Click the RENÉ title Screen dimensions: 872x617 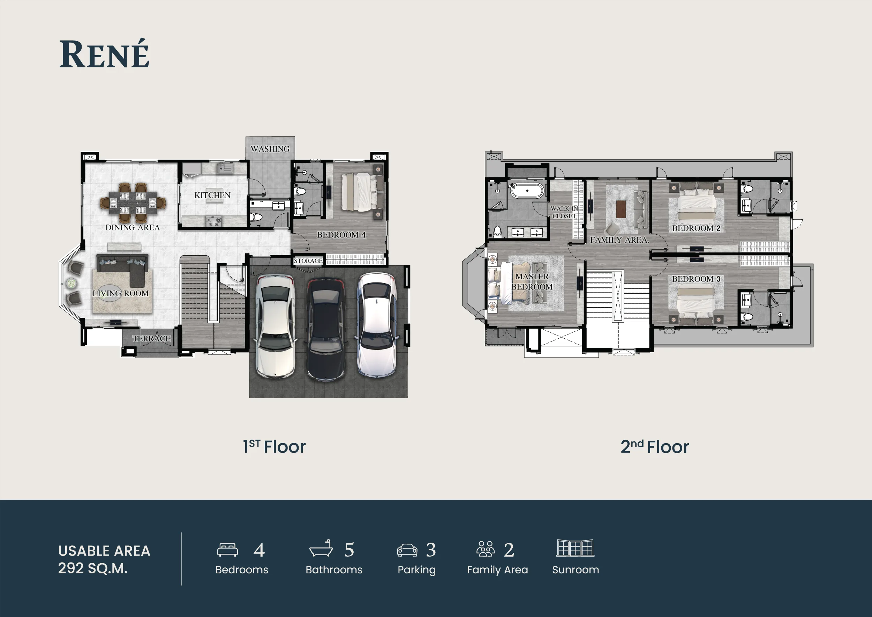tap(104, 54)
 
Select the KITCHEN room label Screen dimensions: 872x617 tap(212, 195)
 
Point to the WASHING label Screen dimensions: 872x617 tap(270, 149)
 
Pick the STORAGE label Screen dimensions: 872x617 tap(308, 261)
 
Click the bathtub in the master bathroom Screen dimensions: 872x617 tap(527, 190)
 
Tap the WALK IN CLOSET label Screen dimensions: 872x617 tap(564, 212)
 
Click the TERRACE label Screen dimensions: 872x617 tap(151, 338)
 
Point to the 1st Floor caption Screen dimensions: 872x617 tap(274, 447)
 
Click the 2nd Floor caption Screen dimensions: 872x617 tap(655, 447)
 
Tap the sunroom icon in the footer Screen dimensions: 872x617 tap(576, 548)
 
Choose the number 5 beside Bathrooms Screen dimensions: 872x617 tap(349, 550)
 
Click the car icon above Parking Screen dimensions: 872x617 tap(407, 550)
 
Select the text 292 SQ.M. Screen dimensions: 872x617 tap(93, 568)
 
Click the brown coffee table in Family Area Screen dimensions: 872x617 tap(621, 209)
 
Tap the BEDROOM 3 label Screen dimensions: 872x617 tap(696, 279)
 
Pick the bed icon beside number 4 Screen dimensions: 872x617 tap(227, 550)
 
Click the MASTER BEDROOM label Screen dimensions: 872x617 tap(532, 282)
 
